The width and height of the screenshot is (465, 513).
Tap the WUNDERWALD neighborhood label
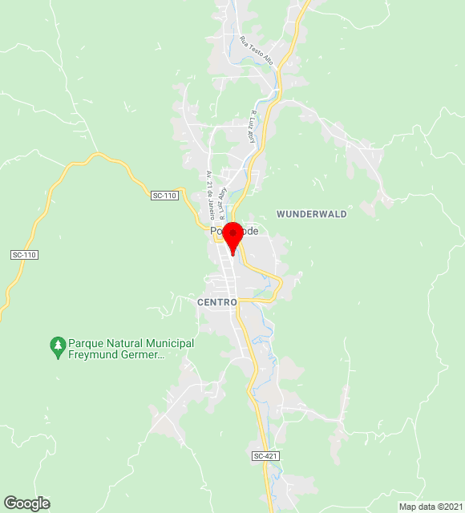click(x=312, y=214)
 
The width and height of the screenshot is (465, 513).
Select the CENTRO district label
click(x=217, y=302)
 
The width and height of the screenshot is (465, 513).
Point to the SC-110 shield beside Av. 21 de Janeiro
click(x=164, y=196)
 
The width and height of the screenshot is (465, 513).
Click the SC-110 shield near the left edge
click(x=25, y=255)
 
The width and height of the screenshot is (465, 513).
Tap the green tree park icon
click(x=57, y=345)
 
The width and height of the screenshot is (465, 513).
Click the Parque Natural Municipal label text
click(x=131, y=343)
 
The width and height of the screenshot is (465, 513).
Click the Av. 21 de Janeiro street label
click(x=210, y=195)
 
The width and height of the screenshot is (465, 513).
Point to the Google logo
click(x=26, y=503)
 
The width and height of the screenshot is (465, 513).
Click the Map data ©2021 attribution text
click(x=431, y=507)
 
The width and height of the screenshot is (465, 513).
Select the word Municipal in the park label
click(x=168, y=343)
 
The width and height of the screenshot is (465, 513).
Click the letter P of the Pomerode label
click(x=214, y=231)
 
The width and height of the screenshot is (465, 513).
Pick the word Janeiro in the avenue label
click(x=212, y=207)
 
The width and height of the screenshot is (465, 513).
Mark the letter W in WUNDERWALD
click(x=280, y=214)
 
